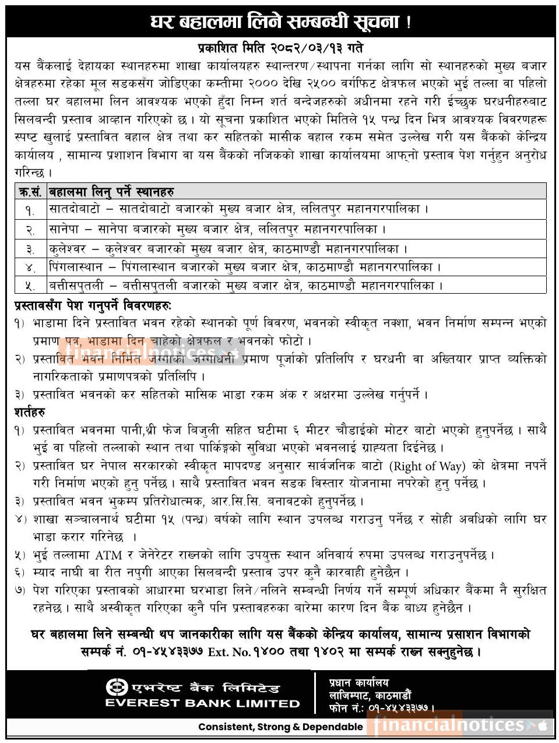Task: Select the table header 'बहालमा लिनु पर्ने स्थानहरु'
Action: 111,191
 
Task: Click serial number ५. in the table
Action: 30,286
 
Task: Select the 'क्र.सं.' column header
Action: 30,191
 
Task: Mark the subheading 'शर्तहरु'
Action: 30,412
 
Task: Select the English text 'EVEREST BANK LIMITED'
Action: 202,703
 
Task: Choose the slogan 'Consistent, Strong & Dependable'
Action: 280,727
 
